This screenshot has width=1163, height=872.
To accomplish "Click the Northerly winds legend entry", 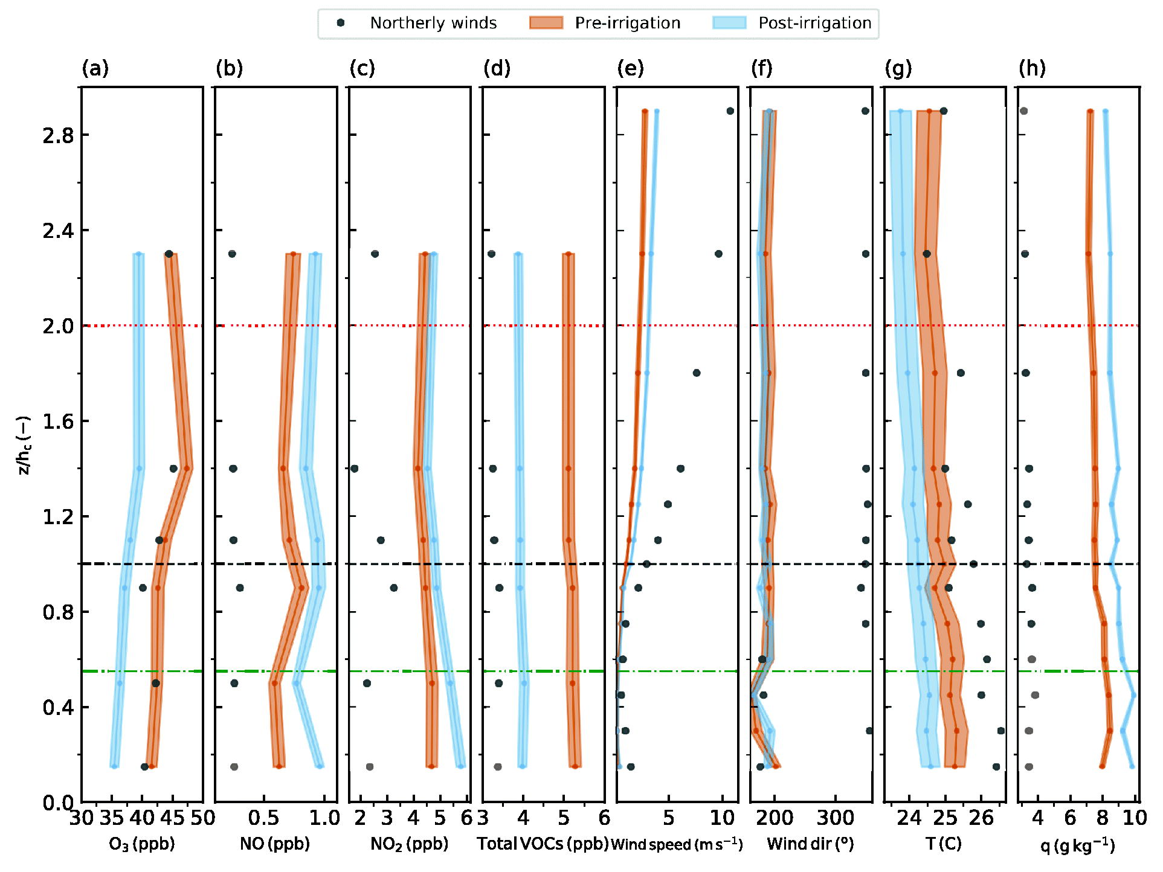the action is [x=417, y=23].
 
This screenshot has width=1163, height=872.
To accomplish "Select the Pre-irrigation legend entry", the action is [x=605, y=23].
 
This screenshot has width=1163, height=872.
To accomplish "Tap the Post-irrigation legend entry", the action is [x=792, y=23].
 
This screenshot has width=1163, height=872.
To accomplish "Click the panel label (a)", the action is [x=95, y=68].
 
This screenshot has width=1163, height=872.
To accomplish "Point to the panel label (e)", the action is [x=631, y=68].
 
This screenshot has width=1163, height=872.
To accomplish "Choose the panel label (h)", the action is [x=1033, y=68].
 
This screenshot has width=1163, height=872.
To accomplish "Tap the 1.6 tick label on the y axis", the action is [x=58, y=422].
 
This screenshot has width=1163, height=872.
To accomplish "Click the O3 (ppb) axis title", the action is [x=142, y=844].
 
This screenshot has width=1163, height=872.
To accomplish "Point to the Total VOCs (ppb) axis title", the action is [x=543, y=844].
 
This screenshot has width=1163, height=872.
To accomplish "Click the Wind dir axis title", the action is [x=811, y=844].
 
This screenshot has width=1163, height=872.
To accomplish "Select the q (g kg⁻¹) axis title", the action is [x=1078, y=845].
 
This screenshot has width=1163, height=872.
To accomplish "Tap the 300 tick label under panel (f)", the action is [x=836, y=818].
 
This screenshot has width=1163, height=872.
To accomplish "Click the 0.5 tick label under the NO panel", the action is [x=264, y=818].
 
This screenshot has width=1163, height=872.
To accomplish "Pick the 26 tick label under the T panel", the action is [x=982, y=818].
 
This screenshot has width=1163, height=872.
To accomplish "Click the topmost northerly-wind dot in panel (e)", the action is [x=730, y=111].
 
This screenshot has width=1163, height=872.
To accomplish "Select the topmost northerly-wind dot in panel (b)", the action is [x=232, y=254].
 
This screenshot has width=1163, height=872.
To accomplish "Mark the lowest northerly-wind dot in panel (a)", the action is [x=144, y=767].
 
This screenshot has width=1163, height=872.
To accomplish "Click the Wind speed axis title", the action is [x=677, y=844].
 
